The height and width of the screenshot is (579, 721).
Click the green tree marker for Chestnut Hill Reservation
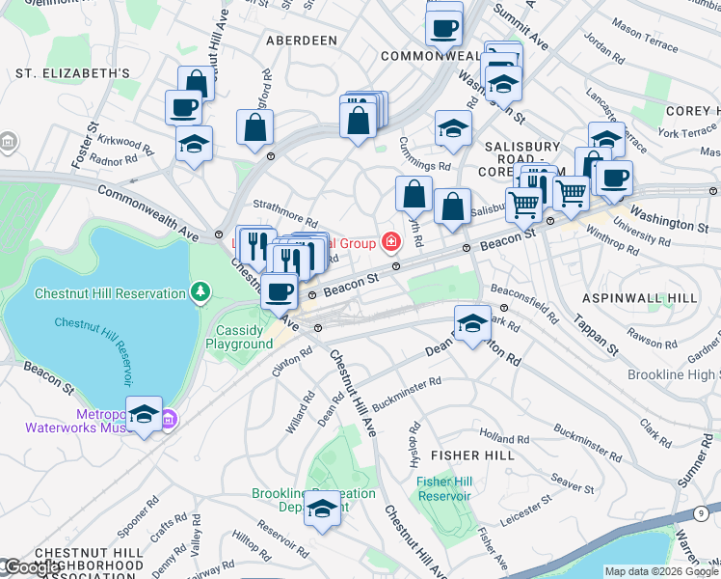[x=200, y=290]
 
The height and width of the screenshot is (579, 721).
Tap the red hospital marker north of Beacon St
[x=391, y=241]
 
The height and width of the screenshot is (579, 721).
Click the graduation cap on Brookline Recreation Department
[x=323, y=508]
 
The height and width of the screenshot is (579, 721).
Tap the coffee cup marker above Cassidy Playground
[x=280, y=290]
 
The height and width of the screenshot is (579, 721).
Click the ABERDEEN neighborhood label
[x=302, y=41]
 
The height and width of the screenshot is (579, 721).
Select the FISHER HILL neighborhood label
[x=469, y=454]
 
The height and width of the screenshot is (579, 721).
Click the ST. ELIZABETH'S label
[x=72, y=73]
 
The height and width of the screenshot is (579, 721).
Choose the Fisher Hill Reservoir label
[x=443, y=488]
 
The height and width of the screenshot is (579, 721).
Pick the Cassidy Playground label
[x=238, y=337]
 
